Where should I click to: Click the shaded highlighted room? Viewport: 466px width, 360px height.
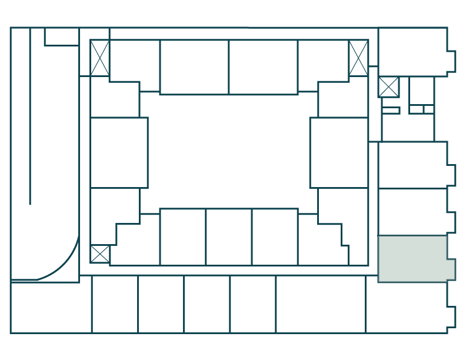(x=415, y=259)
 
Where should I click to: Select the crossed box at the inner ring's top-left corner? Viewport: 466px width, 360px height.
(x=99, y=58)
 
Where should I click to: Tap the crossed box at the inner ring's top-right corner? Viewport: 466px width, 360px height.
(x=358, y=58)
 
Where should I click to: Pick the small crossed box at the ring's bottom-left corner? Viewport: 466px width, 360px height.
(x=99, y=254)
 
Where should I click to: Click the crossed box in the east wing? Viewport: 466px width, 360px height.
(x=388, y=87)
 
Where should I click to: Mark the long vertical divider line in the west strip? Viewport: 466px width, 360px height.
(x=30, y=118)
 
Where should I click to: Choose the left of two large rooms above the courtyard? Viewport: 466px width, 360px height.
(x=194, y=67)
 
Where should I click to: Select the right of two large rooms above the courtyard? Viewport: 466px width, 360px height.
(x=263, y=67)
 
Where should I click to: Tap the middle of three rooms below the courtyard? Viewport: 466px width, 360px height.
(x=229, y=236)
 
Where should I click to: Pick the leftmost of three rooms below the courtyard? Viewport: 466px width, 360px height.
(x=183, y=236)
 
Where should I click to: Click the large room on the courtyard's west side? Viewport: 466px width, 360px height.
(x=119, y=152)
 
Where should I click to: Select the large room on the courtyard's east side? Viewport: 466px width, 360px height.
(x=339, y=152)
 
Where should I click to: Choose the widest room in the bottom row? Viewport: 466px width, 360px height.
(x=321, y=304)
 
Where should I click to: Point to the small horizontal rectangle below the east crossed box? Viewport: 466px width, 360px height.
(x=391, y=110)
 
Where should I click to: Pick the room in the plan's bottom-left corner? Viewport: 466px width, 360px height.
(x=51, y=308)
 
